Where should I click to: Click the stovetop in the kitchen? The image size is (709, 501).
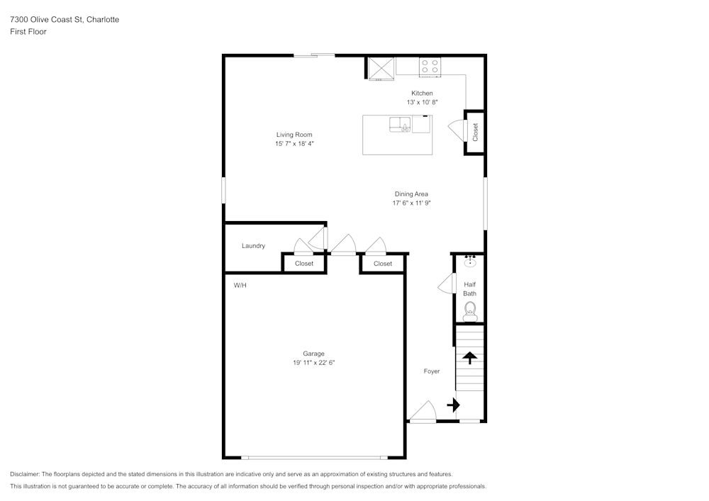click(430, 67)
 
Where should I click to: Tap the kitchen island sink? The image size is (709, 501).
click(400, 125)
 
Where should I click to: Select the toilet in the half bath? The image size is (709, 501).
click(470, 311)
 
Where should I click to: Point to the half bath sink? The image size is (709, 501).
click(470, 261)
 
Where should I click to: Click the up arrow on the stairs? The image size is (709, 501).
click(470, 358)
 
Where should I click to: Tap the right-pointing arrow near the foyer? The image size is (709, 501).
click(453, 405)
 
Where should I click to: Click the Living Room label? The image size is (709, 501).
click(294, 135)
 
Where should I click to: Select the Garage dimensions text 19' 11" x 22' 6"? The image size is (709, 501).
click(314, 362)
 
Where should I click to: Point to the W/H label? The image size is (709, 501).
click(240, 286)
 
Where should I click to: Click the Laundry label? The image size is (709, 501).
click(253, 246)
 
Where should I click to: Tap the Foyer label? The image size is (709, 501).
click(432, 371)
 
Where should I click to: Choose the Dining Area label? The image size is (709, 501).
click(411, 194)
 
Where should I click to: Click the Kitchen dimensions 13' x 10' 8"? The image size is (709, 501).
click(423, 102)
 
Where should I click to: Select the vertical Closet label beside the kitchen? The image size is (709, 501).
click(475, 133)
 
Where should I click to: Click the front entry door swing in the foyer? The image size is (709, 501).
click(423, 412)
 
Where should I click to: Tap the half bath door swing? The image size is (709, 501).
click(447, 283)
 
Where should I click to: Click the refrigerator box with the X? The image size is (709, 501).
click(381, 69)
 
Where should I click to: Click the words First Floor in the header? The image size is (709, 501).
click(28, 32)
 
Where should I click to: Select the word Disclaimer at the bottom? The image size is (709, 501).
click(25, 474)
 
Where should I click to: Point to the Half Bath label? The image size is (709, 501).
click(470, 289)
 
